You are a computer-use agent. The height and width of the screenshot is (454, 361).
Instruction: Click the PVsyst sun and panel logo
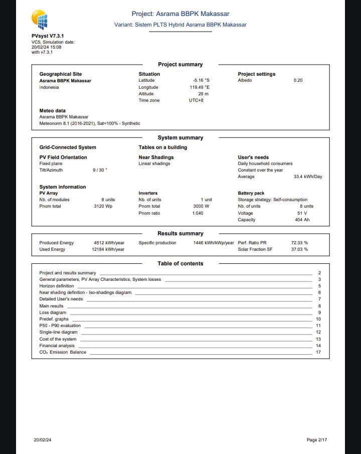(x=40, y=20)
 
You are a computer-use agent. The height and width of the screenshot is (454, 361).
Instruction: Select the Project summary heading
(x=180, y=64)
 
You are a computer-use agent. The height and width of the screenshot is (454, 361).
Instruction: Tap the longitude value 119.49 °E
(x=200, y=87)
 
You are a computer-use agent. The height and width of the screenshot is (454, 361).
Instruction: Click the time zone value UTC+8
(x=196, y=100)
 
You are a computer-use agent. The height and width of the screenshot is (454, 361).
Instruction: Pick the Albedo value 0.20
(x=298, y=80)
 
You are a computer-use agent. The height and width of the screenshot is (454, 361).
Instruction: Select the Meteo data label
(x=52, y=110)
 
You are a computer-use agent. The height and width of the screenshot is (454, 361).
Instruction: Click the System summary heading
(x=180, y=137)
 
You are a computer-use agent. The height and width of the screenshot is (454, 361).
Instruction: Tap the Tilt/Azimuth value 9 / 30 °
(x=100, y=170)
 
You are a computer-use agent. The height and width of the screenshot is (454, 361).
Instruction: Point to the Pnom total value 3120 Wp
(x=103, y=206)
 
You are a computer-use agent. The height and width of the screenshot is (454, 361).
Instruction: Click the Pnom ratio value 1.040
(x=198, y=213)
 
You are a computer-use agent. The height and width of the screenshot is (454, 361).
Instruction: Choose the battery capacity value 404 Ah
(x=302, y=220)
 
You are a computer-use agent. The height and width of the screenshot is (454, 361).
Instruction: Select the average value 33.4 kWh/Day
(x=308, y=177)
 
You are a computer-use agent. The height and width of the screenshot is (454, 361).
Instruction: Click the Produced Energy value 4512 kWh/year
(x=109, y=243)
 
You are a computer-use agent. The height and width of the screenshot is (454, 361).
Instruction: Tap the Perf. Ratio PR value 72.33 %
(x=299, y=243)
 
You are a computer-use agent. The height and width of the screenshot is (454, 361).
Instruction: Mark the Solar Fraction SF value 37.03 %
(x=299, y=249)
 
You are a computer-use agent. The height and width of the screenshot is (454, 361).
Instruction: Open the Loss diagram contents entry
(x=53, y=313)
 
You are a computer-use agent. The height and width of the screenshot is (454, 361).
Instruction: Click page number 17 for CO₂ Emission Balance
(x=318, y=352)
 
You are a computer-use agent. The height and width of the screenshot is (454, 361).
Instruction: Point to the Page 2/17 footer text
(x=317, y=440)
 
